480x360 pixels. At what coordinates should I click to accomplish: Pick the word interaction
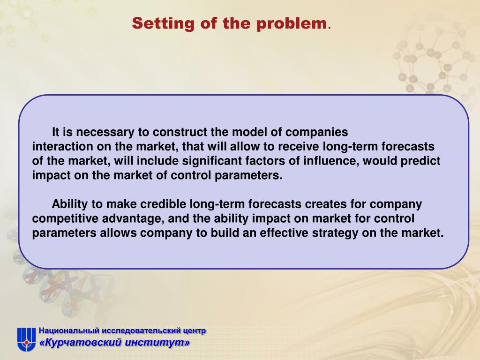click(62, 146)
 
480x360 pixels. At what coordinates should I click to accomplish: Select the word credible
click(163, 204)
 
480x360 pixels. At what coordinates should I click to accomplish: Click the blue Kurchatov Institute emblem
click(26, 339)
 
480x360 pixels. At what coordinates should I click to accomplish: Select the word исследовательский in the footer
click(141, 331)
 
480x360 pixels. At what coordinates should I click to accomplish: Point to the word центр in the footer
click(195, 331)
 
